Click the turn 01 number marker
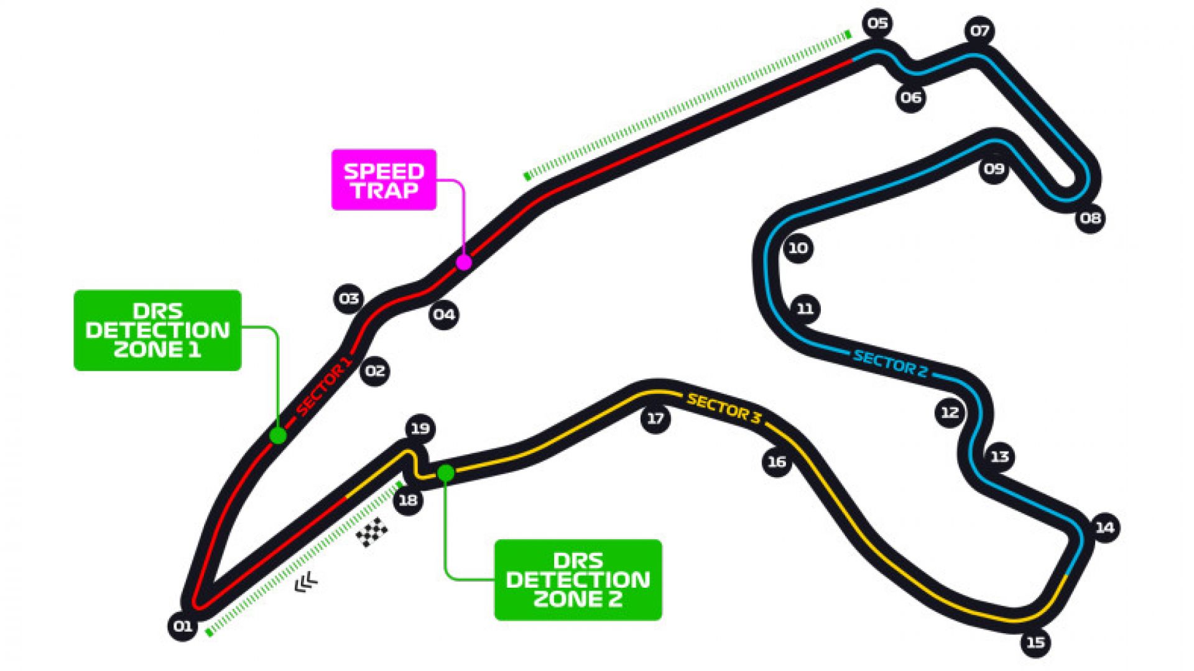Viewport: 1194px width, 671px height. pos(183,626)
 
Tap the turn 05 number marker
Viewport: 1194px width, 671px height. pos(877,24)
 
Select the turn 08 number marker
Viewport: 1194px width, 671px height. pos(1090,218)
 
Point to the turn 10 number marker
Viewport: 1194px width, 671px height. pos(798,249)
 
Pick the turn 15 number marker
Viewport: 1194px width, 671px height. pos(1035,642)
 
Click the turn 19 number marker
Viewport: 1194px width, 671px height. pos(420,428)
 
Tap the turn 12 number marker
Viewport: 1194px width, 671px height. pos(950,412)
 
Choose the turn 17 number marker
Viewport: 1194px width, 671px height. pos(655,419)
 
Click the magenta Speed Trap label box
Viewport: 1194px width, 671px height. pos(384,180)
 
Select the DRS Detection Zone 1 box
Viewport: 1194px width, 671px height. pos(157,331)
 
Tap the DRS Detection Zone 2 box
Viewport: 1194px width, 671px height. pos(578,580)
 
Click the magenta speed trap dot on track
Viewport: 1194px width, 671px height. pos(464,262)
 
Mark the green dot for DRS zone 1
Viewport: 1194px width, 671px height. pos(278,435)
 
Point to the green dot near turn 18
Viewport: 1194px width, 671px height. pos(445,473)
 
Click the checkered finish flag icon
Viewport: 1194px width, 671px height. pos(372,532)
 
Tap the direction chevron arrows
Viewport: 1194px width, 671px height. pos(306,582)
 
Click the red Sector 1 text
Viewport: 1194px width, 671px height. pos(324,385)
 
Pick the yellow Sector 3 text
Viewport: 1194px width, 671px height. pos(723,409)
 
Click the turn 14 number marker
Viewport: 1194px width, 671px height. pos(1104,527)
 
